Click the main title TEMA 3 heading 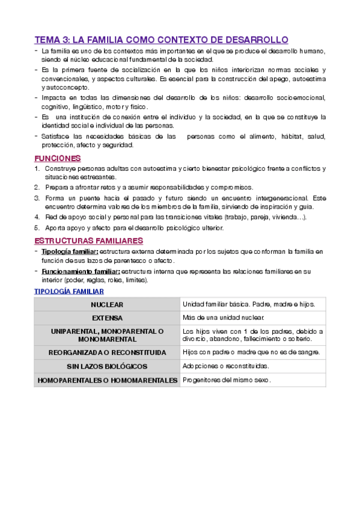coord(161,40)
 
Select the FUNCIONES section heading coord(58,158)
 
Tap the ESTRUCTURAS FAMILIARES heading coord(88,241)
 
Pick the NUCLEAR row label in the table coord(107,305)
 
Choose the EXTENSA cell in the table coord(107,318)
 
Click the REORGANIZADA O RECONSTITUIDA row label coord(107,352)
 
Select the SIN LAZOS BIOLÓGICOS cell coord(107,366)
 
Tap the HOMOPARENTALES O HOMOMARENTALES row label coord(107,380)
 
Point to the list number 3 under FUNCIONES coord(37,198)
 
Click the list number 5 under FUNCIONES coord(37,228)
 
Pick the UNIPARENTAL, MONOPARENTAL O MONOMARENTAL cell coord(107,335)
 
